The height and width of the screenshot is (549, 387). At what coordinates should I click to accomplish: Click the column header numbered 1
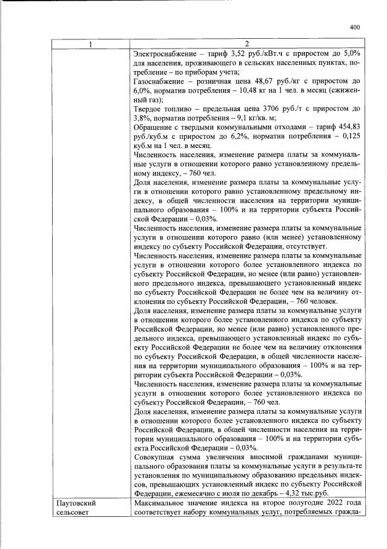point(91,44)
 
